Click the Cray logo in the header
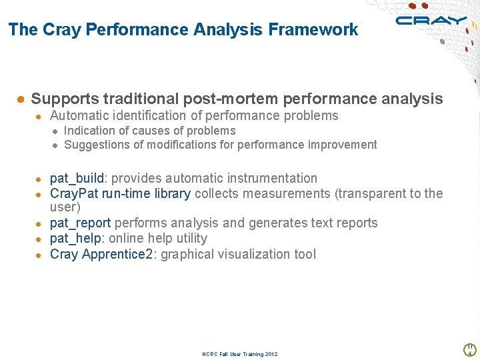[431, 21]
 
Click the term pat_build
[77, 178]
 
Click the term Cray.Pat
[75, 193]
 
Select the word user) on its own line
[65, 207]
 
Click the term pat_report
[80, 223]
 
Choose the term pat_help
[75, 238]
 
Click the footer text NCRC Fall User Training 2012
[239, 354]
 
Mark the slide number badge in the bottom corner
[469, 349]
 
